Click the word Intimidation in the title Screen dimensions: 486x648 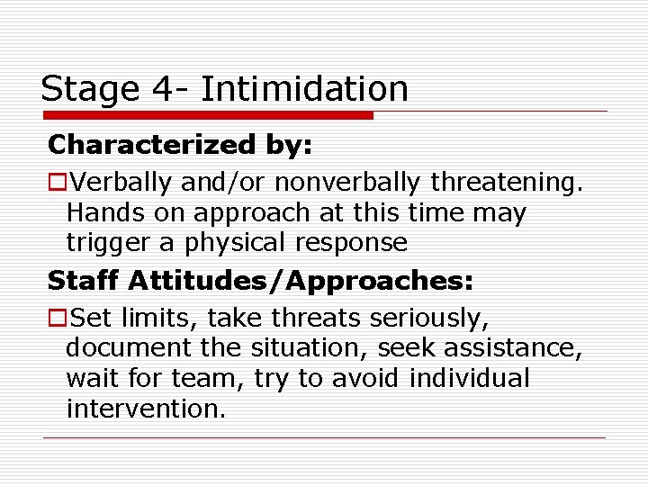tap(304, 89)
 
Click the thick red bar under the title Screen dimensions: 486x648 tap(207, 115)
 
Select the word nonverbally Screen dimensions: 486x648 tap(347, 184)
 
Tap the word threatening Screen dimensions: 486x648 tap(508, 184)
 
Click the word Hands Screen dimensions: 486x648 tap(99, 213)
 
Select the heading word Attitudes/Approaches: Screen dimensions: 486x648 tap(301, 281)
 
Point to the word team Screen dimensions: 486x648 tap(204, 379)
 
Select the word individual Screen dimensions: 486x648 tap(469, 379)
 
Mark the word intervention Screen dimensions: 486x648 tap(144, 409)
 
